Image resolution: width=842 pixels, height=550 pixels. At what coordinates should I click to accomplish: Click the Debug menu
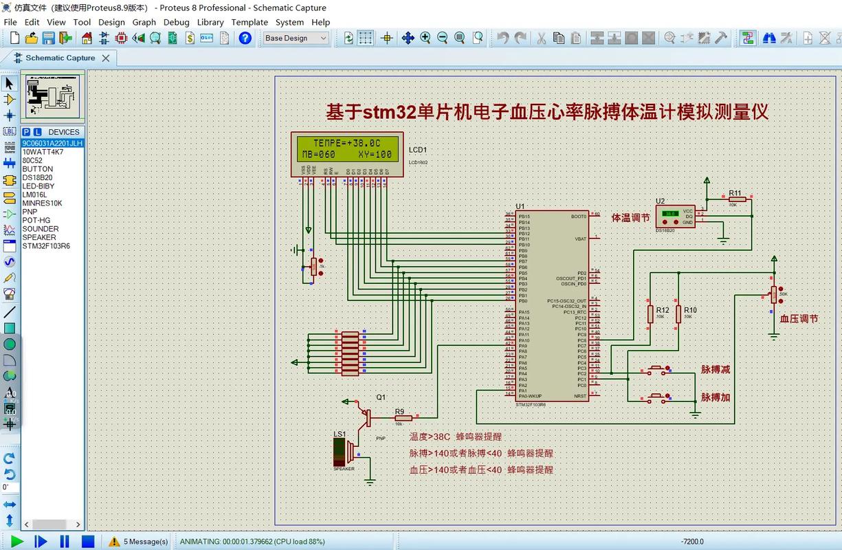click(x=176, y=22)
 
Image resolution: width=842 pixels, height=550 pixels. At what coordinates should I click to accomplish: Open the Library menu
click(x=210, y=22)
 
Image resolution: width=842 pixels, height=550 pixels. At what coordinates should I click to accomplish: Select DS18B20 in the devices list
click(x=37, y=177)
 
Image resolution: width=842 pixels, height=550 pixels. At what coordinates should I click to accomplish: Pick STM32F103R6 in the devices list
click(x=46, y=246)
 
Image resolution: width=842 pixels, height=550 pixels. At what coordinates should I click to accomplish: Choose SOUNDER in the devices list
click(x=41, y=229)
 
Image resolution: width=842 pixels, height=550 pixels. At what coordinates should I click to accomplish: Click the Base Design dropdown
click(x=296, y=38)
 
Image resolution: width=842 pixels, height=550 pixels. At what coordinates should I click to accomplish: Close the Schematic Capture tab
click(x=106, y=58)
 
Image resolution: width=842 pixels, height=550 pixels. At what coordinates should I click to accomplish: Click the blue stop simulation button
click(x=88, y=541)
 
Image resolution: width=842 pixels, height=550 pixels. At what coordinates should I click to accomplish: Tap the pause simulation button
click(x=65, y=541)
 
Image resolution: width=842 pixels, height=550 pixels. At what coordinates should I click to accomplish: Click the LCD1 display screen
click(x=347, y=148)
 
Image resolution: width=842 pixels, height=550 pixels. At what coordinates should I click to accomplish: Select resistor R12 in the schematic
click(x=650, y=314)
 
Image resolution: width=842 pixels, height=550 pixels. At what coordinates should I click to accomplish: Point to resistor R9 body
click(x=403, y=417)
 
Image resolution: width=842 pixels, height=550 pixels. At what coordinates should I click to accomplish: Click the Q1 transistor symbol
click(x=366, y=416)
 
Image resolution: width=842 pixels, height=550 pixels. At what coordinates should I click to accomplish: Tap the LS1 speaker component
click(x=344, y=451)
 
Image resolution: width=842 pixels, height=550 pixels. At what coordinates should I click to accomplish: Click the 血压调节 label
click(x=799, y=319)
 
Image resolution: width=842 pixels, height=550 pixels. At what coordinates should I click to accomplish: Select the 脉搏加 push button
click(x=659, y=397)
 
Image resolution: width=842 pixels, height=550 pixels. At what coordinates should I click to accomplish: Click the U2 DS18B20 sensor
click(x=675, y=217)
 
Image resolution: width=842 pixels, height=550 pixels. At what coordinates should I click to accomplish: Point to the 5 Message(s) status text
click(x=146, y=542)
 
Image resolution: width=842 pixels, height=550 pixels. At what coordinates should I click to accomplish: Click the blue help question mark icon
click(x=245, y=38)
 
